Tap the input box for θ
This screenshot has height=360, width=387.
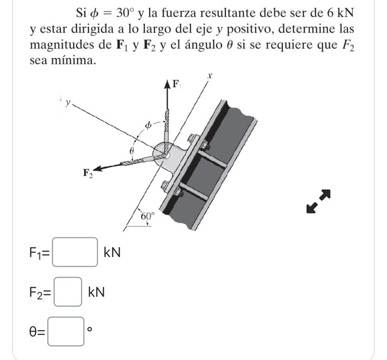(x=66, y=331)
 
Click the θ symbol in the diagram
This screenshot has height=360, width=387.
(x=132, y=150)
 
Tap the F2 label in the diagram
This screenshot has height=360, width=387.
(x=87, y=173)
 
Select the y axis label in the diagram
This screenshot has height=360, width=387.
(x=68, y=103)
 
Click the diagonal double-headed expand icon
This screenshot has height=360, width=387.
(x=319, y=201)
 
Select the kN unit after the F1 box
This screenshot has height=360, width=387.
(x=112, y=253)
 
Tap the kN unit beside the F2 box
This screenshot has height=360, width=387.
(x=96, y=292)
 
